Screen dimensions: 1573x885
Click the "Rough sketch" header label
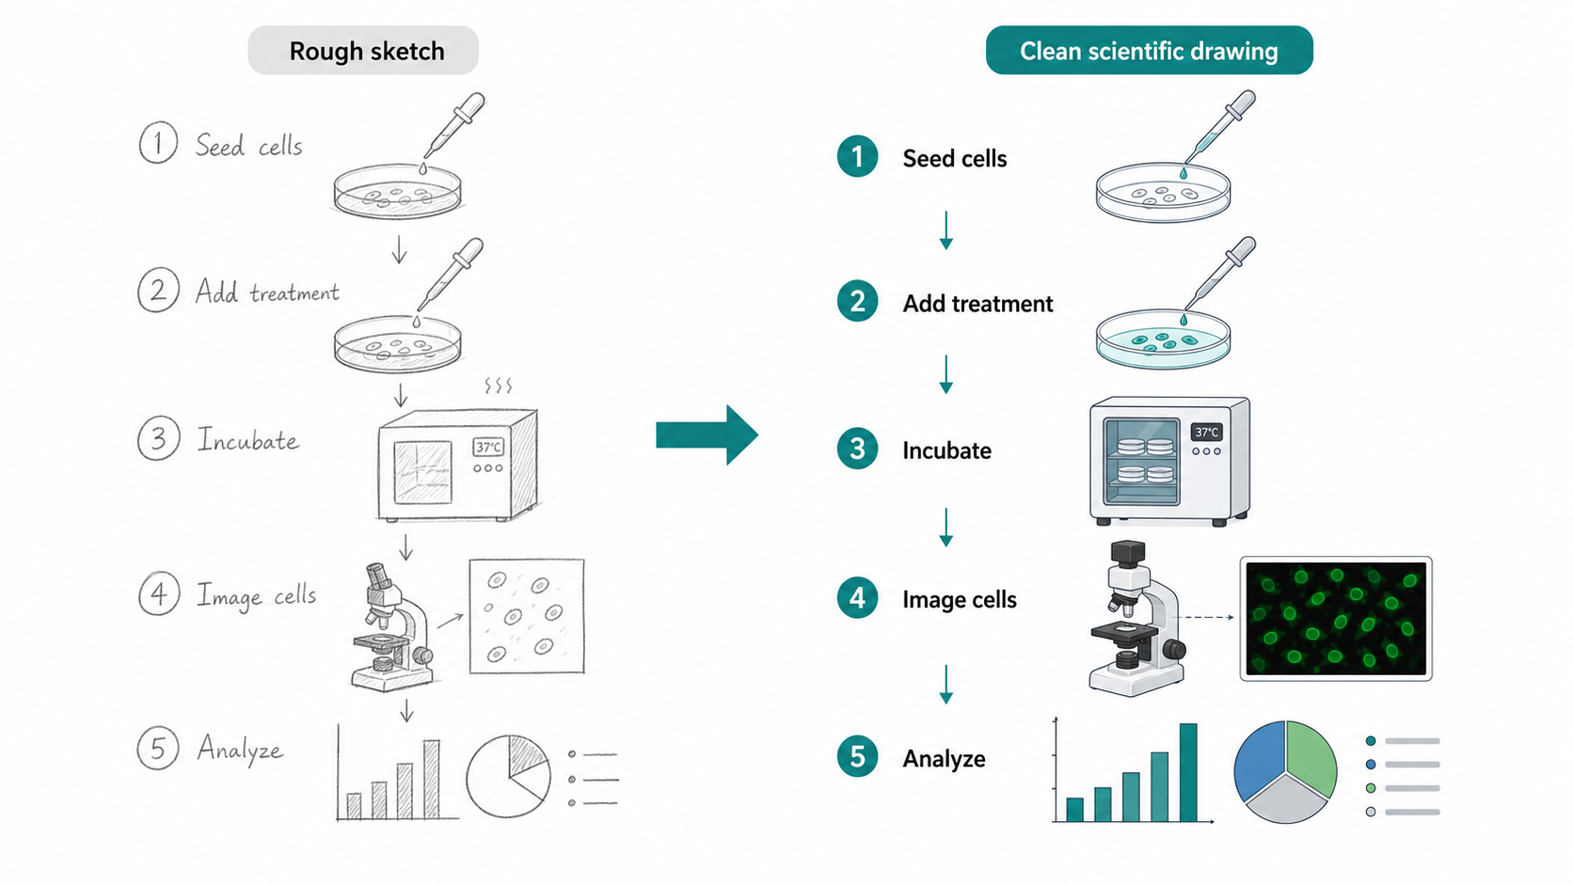click(363, 51)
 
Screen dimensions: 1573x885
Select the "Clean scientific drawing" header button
click(1149, 51)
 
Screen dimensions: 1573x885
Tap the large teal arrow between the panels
click(707, 435)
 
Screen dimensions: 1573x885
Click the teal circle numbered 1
click(857, 156)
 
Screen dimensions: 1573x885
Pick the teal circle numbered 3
click(857, 449)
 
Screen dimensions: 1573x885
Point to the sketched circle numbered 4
click(159, 593)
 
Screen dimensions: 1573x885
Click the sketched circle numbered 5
click(158, 748)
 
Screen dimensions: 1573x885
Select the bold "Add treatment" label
click(977, 304)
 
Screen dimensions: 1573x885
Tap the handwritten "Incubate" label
click(247, 440)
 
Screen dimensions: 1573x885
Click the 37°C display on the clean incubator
click(1206, 433)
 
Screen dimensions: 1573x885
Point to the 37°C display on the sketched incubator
click(488, 447)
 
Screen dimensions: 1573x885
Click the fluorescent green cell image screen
click(1336, 619)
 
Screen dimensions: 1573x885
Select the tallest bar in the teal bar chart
click(1188, 772)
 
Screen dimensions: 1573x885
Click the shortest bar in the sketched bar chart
click(355, 806)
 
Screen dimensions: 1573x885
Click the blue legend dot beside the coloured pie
click(1371, 765)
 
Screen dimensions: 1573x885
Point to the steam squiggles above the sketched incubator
click(498, 386)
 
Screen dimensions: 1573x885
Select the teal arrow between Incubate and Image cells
click(945, 527)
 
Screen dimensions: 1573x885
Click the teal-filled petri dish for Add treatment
click(1163, 339)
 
